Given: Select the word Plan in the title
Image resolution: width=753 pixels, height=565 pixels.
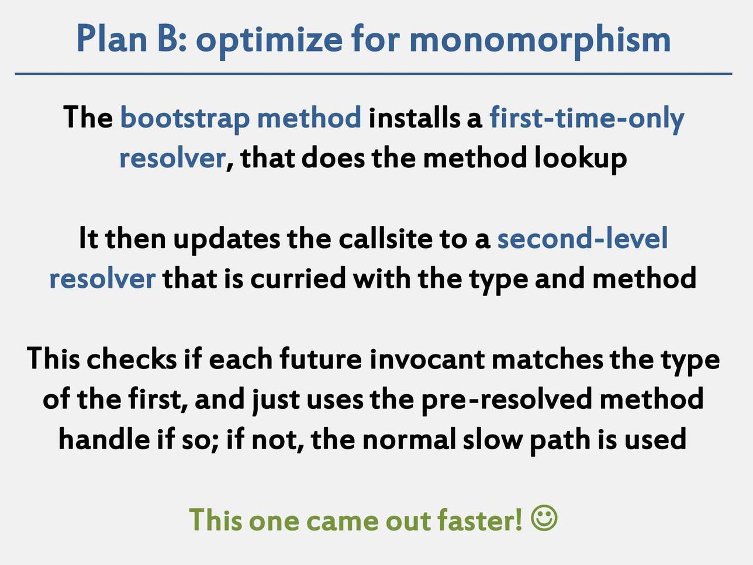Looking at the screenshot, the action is point(112,38).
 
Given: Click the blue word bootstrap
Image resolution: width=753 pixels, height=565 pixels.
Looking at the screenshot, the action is point(185,119).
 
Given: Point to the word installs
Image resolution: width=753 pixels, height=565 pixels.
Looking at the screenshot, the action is point(414,118).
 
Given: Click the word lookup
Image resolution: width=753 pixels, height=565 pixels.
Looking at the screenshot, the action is point(581,159).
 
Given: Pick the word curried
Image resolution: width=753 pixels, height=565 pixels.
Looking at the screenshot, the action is point(298,278).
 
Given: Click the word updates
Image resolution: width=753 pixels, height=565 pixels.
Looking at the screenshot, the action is point(227,239).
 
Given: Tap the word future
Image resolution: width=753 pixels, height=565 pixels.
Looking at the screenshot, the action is point(321,359).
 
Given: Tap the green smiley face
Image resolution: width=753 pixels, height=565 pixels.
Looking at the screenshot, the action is point(544,518).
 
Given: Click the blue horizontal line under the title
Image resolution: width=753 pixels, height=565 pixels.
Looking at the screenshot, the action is point(373,74).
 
